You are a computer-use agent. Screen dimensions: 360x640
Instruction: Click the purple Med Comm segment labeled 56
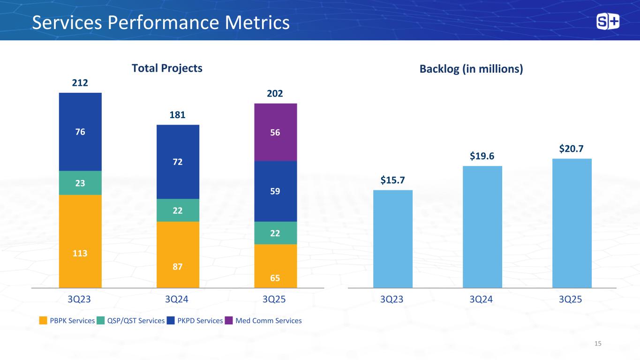click(275, 132)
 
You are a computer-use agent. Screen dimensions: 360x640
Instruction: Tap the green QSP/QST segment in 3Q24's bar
click(178, 210)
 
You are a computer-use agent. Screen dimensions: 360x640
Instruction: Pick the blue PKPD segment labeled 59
click(275, 191)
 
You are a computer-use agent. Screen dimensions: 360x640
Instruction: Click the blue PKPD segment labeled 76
click(80, 132)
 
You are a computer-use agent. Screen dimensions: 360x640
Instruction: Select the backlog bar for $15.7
click(392, 239)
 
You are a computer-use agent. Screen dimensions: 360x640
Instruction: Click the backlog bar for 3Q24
click(482, 227)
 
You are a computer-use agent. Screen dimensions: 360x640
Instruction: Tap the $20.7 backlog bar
click(572, 223)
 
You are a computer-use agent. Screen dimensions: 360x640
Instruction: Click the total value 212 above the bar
click(80, 83)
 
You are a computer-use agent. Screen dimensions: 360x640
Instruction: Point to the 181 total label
click(178, 115)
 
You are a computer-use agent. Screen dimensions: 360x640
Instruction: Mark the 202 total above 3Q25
click(275, 94)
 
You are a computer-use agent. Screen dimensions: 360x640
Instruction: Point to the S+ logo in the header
click(608, 22)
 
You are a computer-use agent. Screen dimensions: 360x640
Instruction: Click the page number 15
click(597, 344)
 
